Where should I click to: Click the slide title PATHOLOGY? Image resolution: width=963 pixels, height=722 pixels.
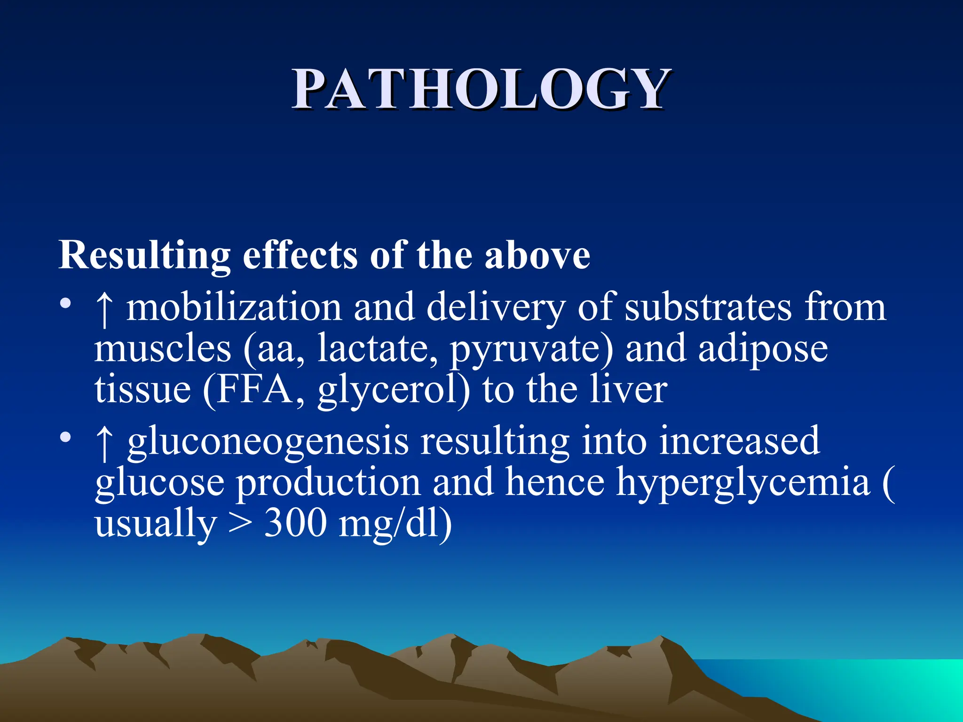tap(481, 89)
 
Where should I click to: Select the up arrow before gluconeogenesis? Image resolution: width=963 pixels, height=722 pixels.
tap(104, 443)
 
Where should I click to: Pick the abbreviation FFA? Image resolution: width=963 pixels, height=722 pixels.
tap(254, 390)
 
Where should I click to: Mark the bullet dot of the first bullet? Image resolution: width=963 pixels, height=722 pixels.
tap(65, 303)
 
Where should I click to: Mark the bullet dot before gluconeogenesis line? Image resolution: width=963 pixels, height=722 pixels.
tap(65, 438)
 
